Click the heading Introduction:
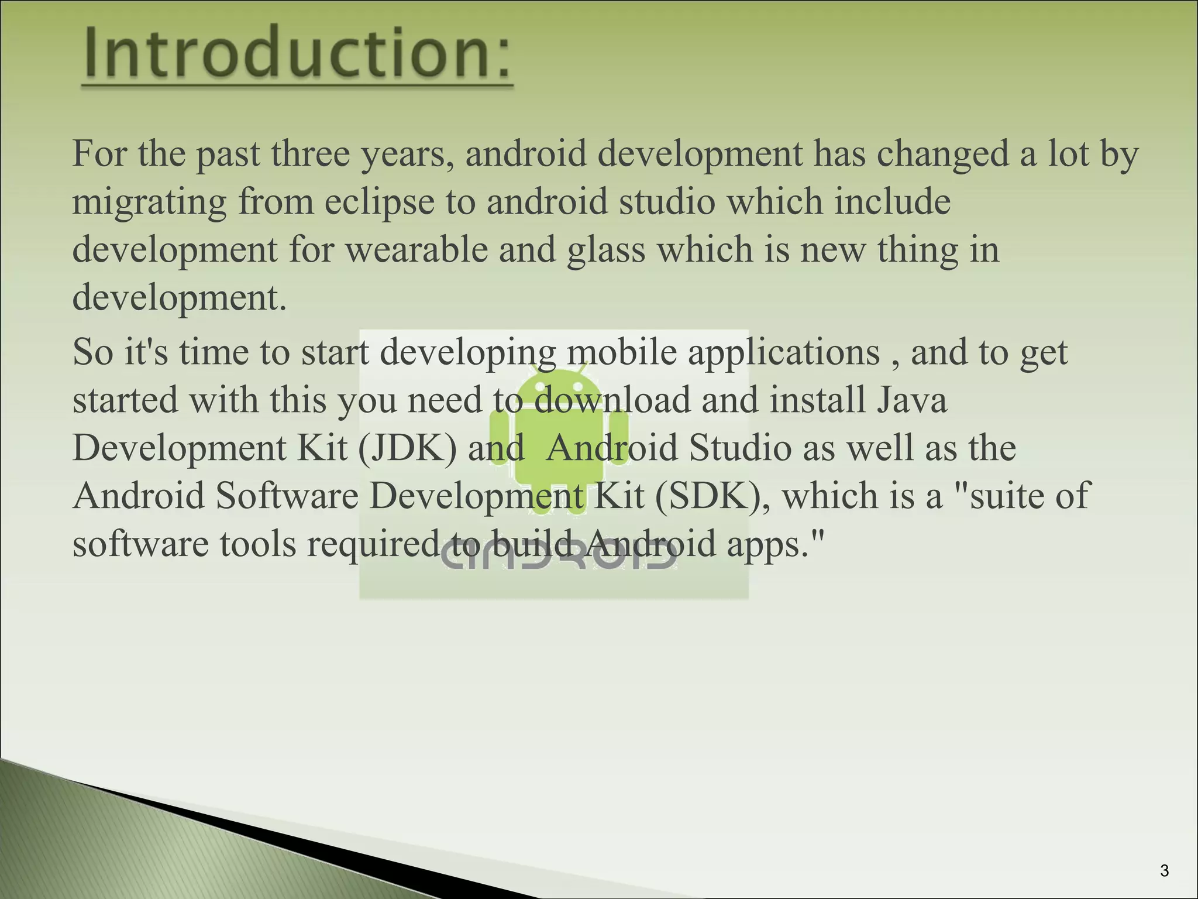(297, 54)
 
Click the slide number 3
(1164, 871)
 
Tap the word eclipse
(379, 203)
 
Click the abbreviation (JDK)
(407, 448)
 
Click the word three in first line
(310, 155)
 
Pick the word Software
(287, 496)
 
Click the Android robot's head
(559, 387)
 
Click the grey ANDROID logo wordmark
(559, 556)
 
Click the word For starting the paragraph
(99, 155)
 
